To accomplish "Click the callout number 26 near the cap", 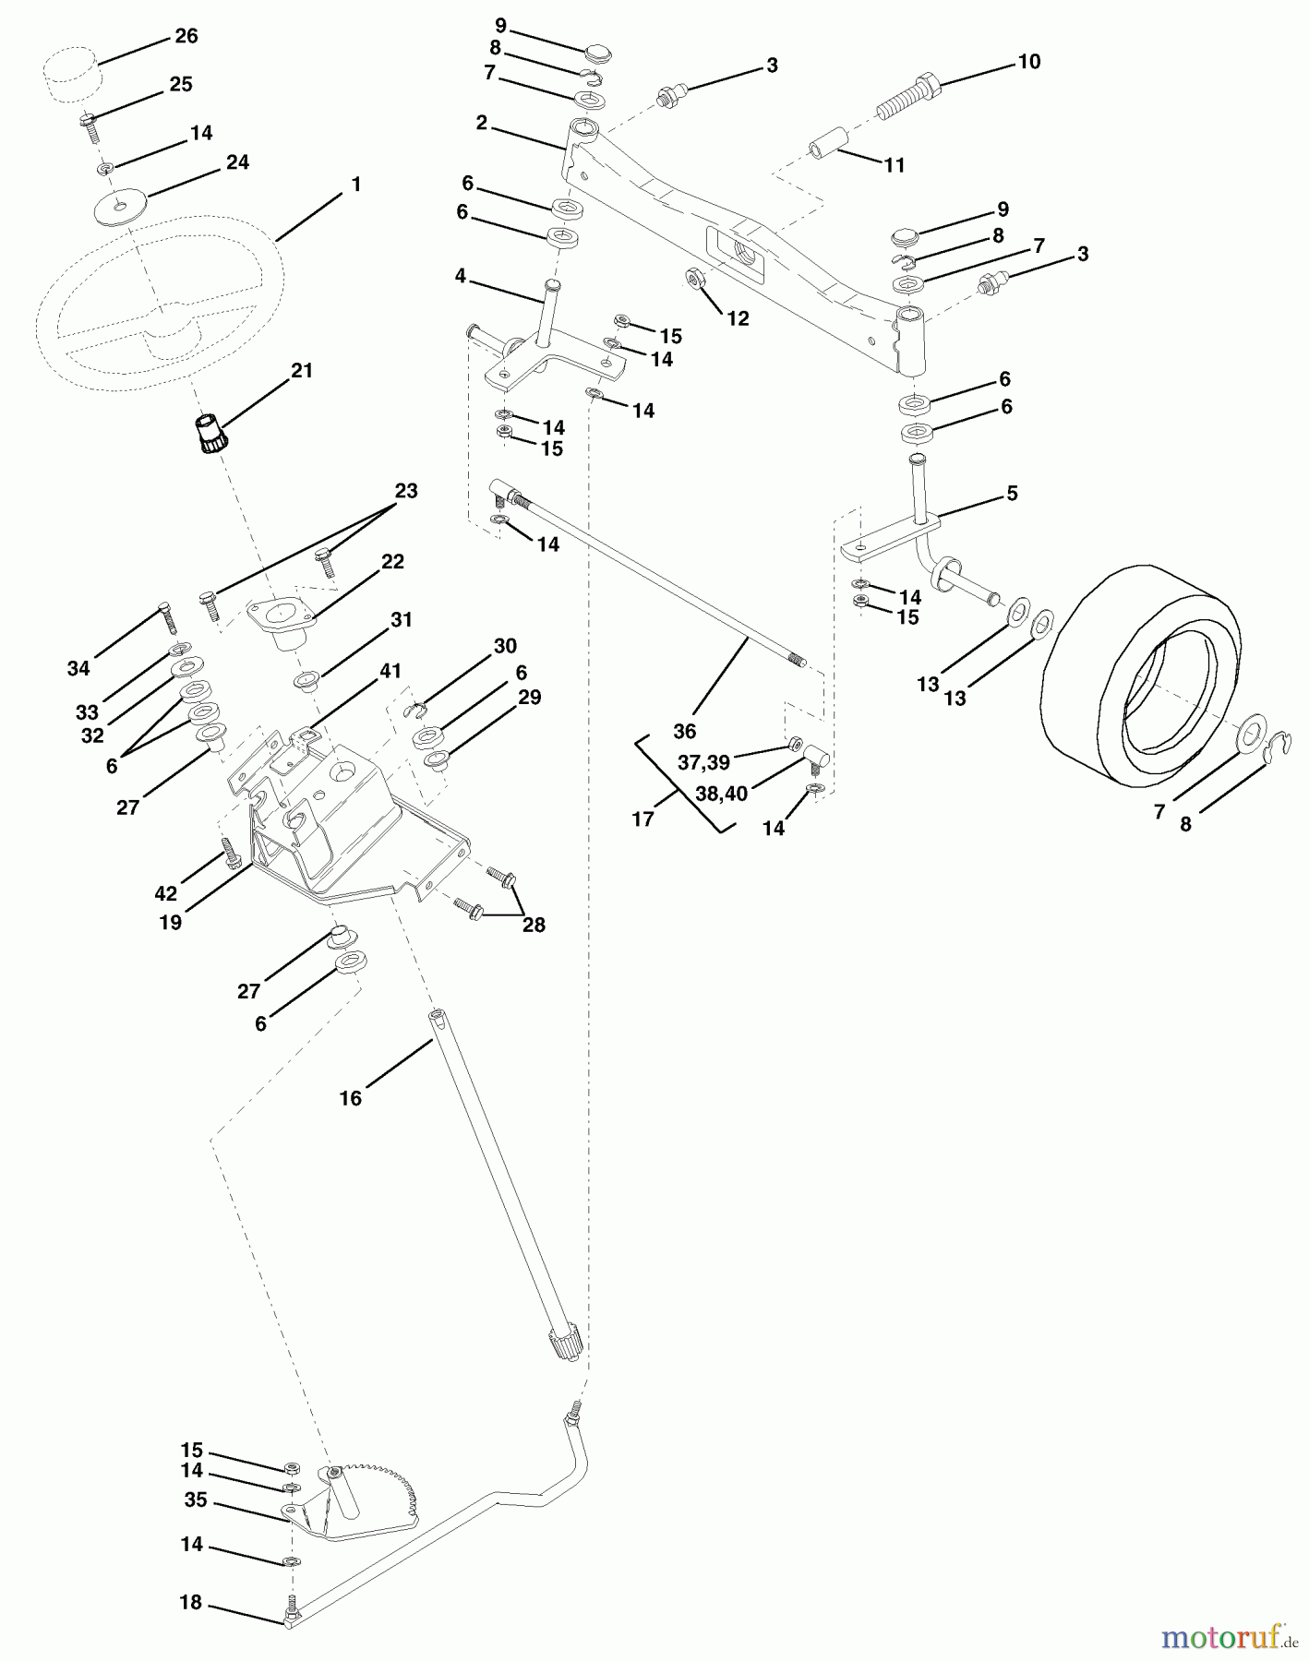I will [186, 36].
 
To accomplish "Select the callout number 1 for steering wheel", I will [355, 185].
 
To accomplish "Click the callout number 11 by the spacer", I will [894, 165].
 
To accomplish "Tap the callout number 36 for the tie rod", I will [684, 732].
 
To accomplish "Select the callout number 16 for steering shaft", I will [350, 1098].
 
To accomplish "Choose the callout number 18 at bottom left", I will [190, 1602].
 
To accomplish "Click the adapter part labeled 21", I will [210, 434].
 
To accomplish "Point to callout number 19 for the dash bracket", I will [170, 922].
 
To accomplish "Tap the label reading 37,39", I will [703, 763].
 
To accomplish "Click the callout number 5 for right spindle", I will [1012, 494].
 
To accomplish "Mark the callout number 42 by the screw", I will [165, 893].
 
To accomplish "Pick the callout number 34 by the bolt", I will [78, 668].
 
